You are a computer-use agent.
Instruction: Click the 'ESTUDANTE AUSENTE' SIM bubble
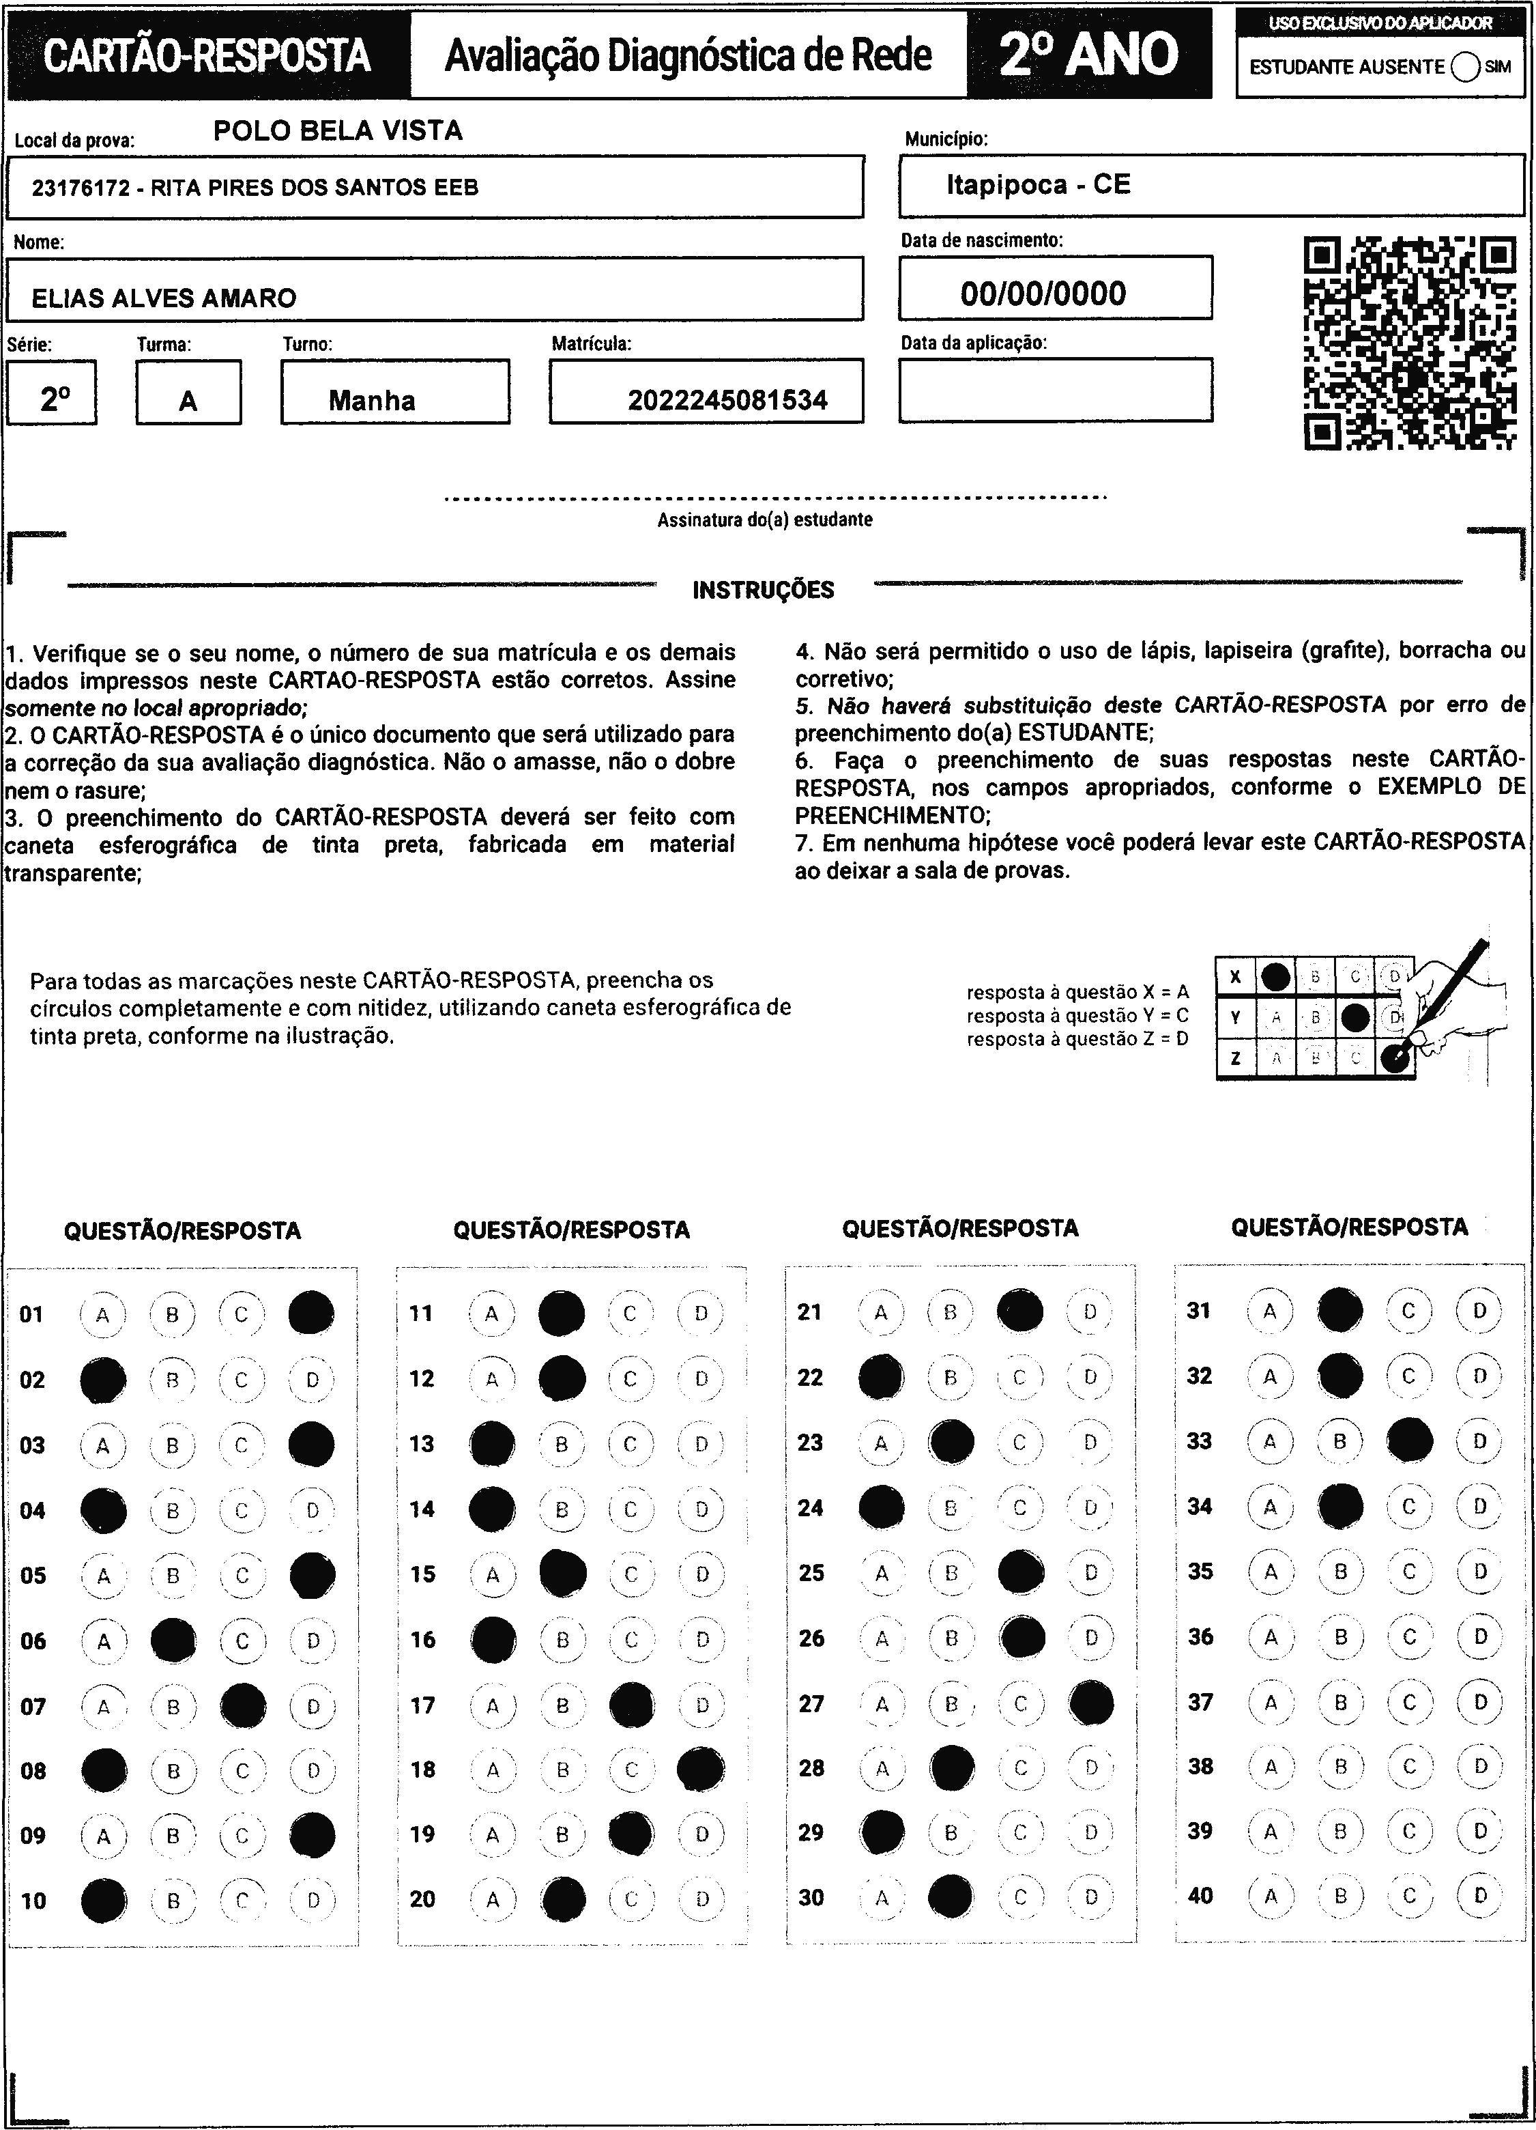[x=1466, y=67]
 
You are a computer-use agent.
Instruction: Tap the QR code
[x=1410, y=343]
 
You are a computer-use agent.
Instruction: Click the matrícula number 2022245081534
[x=727, y=401]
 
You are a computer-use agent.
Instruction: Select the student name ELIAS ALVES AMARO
[x=164, y=298]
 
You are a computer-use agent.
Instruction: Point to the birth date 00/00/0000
[x=1043, y=294]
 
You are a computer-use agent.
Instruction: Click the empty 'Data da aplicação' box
[x=1056, y=390]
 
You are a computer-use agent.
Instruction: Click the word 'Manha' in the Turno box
[x=372, y=401]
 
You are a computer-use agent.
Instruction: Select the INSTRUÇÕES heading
[x=764, y=591]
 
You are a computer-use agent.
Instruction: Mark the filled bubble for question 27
[x=1091, y=1703]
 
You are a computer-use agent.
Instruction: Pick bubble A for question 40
[x=1271, y=1896]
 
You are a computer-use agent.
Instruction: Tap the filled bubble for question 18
[x=700, y=1770]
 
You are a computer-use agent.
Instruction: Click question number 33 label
[x=1199, y=1440]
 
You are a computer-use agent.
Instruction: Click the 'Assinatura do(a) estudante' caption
[x=764, y=520]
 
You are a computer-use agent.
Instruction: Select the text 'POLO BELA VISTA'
[x=338, y=130]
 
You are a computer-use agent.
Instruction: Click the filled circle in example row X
[x=1275, y=977]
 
